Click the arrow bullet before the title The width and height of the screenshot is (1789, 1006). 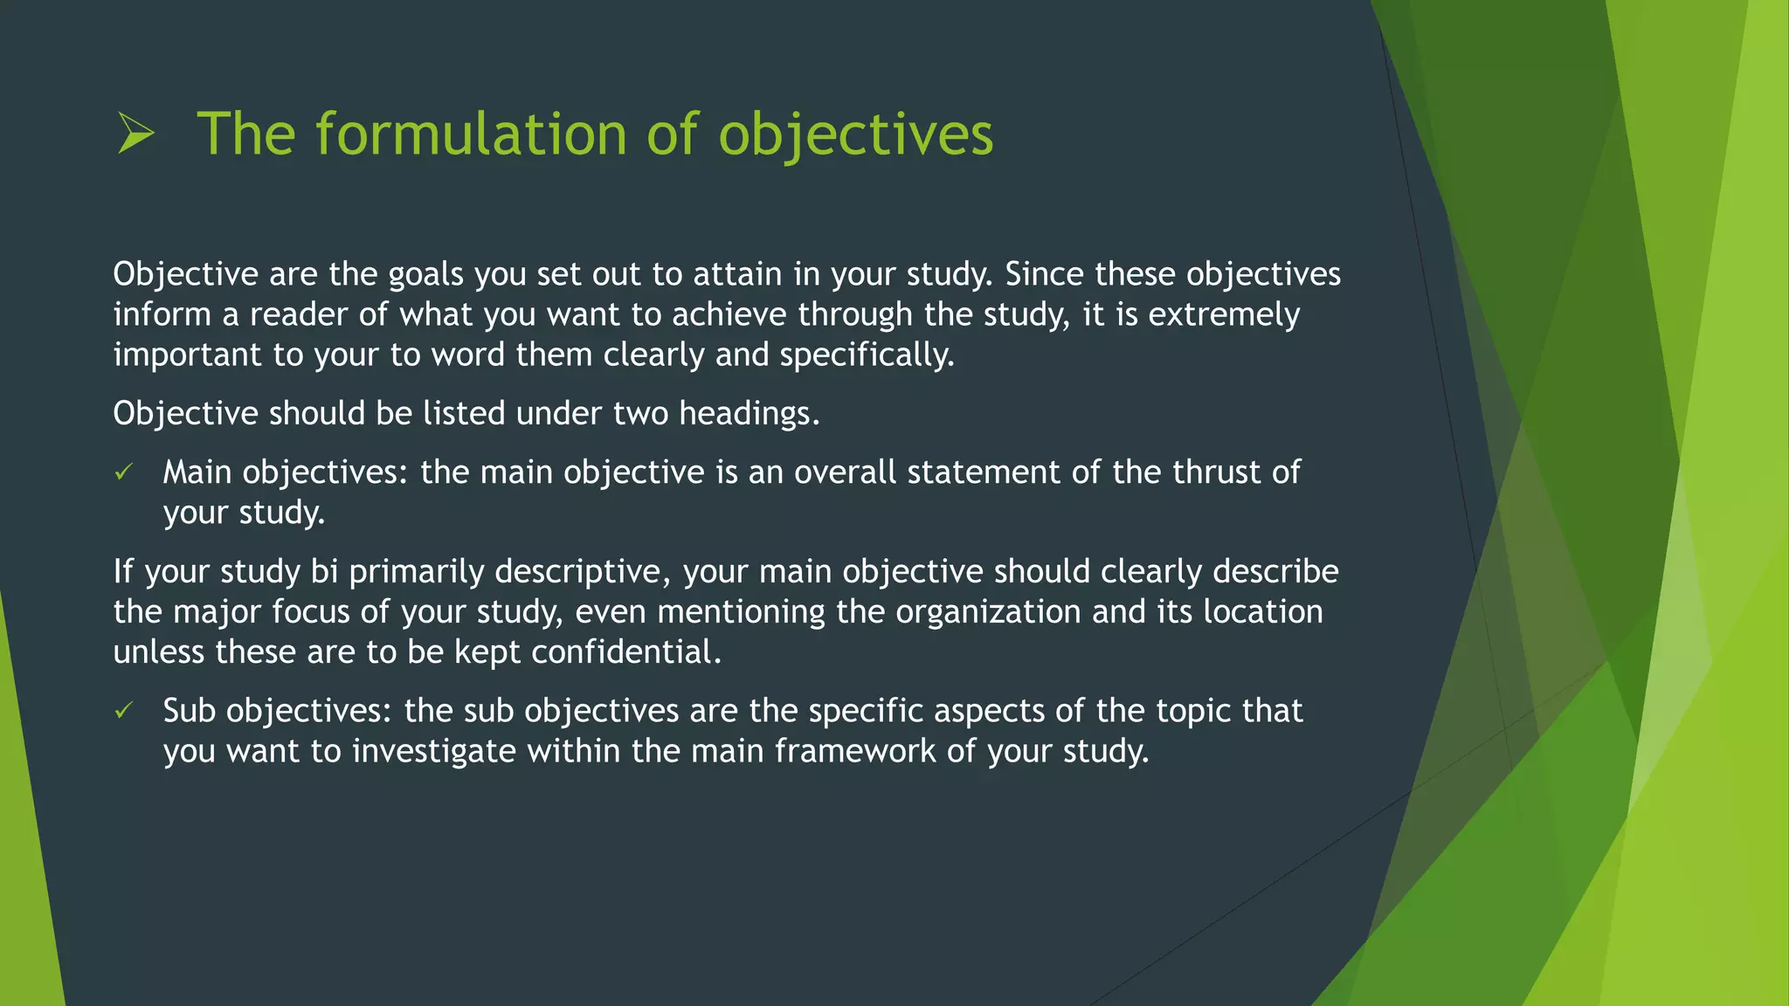(x=135, y=134)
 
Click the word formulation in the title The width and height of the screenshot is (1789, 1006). (x=471, y=134)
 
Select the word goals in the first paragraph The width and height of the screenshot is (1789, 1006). (x=425, y=275)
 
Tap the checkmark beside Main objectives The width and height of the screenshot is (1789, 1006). (x=123, y=472)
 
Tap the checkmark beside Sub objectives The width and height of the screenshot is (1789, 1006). (x=123, y=711)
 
